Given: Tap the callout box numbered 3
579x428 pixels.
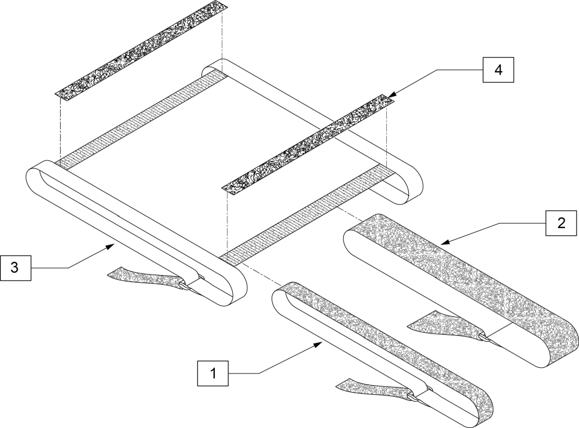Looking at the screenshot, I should (15, 268).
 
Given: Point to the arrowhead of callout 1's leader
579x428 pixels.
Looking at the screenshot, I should (321, 343).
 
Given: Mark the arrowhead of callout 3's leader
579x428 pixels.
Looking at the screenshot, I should (113, 246).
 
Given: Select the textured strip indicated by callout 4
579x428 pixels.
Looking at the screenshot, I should (307, 144).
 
